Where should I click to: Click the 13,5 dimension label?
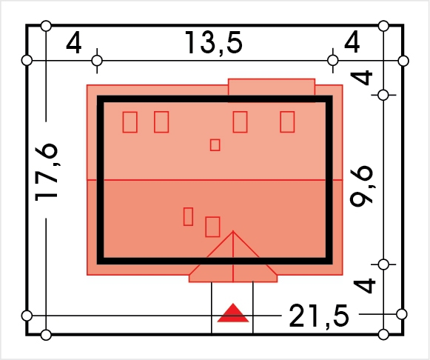point(214,42)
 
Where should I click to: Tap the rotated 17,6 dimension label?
point(47,173)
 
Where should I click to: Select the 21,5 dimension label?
point(319,316)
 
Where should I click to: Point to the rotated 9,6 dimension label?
point(361,185)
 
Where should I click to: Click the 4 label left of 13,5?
point(74,42)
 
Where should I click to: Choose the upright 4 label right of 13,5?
point(352,41)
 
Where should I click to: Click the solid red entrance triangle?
point(233,313)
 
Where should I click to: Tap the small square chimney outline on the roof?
point(215,145)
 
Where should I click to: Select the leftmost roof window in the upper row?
point(130,122)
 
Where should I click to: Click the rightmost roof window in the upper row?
point(287,121)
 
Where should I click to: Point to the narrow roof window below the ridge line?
point(188,216)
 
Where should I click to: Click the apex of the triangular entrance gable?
point(233,231)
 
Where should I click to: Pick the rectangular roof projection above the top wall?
point(272,87)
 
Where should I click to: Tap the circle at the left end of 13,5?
point(97,60)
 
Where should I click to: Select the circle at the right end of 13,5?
point(333,60)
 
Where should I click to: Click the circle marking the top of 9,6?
point(383,96)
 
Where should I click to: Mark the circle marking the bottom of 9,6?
point(383,264)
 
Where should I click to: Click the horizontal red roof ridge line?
point(215,180)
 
